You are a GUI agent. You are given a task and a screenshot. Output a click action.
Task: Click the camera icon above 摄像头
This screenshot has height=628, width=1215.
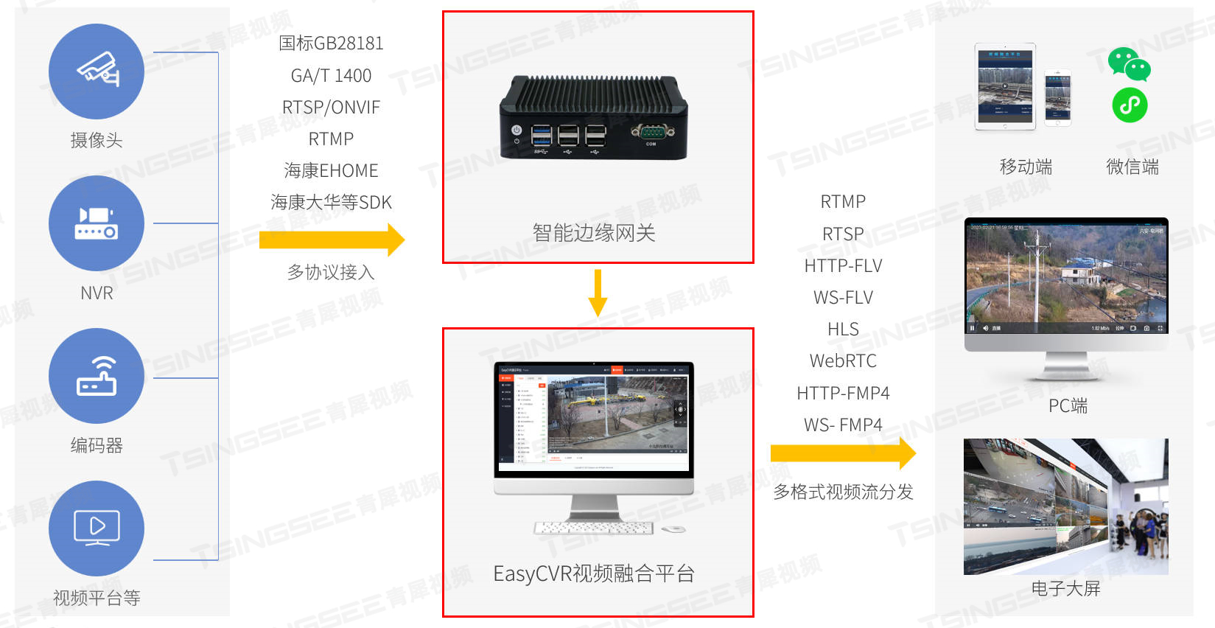(97, 71)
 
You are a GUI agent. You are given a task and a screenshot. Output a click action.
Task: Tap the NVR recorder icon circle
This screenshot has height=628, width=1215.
(97, 223)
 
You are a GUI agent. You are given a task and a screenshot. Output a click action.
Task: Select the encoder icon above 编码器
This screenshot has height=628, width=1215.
(97, 376)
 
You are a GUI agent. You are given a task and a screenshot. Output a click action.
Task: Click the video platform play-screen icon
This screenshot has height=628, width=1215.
(97, 528)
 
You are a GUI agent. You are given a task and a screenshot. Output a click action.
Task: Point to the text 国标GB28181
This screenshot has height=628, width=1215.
(331, 43)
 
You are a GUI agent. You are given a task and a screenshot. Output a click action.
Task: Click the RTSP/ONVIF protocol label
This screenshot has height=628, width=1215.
(331, 108)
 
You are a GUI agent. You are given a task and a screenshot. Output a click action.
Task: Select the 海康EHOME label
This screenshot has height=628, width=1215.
(331, 171)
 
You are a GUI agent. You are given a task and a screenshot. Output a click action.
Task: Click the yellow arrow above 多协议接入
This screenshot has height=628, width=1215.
(332, 240)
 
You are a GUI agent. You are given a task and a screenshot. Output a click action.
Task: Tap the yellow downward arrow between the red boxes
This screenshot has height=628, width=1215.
(598, 292)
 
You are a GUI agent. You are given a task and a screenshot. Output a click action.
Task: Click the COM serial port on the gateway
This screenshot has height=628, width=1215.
(650, 133)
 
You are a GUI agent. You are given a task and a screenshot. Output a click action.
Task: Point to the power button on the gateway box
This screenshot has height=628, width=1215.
(517, 130)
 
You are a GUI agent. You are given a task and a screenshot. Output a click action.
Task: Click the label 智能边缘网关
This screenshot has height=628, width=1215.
(594, 233)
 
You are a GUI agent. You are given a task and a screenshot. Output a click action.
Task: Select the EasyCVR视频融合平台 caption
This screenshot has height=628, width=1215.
(594, 573)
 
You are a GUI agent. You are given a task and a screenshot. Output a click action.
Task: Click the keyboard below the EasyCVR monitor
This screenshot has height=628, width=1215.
(594, 528)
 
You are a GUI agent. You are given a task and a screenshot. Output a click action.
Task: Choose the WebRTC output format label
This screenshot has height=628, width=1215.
(843, 361)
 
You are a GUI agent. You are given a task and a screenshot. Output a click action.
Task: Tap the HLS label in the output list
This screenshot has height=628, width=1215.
(843, 329)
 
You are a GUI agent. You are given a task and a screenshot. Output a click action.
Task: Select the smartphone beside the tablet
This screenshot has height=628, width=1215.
(1058, 97)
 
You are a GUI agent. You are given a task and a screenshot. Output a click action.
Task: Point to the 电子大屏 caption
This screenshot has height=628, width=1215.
(1065, 588)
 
